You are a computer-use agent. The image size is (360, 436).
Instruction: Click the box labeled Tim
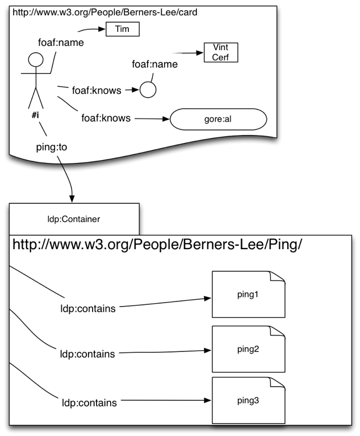click(x=122, y=29)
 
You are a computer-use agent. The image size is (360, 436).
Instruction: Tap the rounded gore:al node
click(x=219, y=120)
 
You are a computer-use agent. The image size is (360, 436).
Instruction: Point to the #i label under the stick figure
click(x=35, y=115)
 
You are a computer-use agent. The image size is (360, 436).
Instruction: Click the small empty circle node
click(x=148, y=90)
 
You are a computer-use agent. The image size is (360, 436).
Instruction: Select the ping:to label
click(x=52, y=147)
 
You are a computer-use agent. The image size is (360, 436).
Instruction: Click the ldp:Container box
click(x=74, y=219)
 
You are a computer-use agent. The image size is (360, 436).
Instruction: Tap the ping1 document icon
click(x=248, y=294)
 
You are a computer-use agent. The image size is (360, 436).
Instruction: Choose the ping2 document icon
click(x=248, y=349)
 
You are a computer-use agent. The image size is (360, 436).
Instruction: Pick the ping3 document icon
click(x=248, y=400)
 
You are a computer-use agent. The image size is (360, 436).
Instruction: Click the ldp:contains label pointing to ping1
click(x=88, y=309)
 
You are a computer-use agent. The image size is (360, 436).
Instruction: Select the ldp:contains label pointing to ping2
click(x=87, y=354)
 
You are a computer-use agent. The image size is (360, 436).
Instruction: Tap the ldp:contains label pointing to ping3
click(x=89, y=403)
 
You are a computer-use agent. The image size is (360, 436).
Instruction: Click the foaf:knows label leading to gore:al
click(x=106, y=118)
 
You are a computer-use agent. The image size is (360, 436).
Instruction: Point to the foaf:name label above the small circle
click(x=154, y=64)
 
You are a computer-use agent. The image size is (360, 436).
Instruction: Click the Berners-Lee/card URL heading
click(x=105, y=12)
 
